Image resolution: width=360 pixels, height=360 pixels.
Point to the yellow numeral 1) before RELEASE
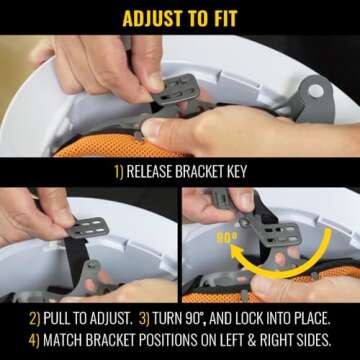point(119,172)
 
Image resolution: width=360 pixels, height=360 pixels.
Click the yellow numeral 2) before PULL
point(35,319)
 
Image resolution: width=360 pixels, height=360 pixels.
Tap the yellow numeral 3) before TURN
point(144,319)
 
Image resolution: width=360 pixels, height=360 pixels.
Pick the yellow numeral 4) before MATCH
point(34,340)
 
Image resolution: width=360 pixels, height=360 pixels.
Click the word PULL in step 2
point(56,319)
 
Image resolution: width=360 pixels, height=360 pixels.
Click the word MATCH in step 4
point(63,340)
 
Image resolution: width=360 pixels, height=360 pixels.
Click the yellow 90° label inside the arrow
point(227,238)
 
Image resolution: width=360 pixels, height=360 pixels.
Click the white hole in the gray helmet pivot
point(316,91)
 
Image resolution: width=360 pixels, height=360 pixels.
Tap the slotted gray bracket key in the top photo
point(176,90)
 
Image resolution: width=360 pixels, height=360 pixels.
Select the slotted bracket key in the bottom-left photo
point(89,227)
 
